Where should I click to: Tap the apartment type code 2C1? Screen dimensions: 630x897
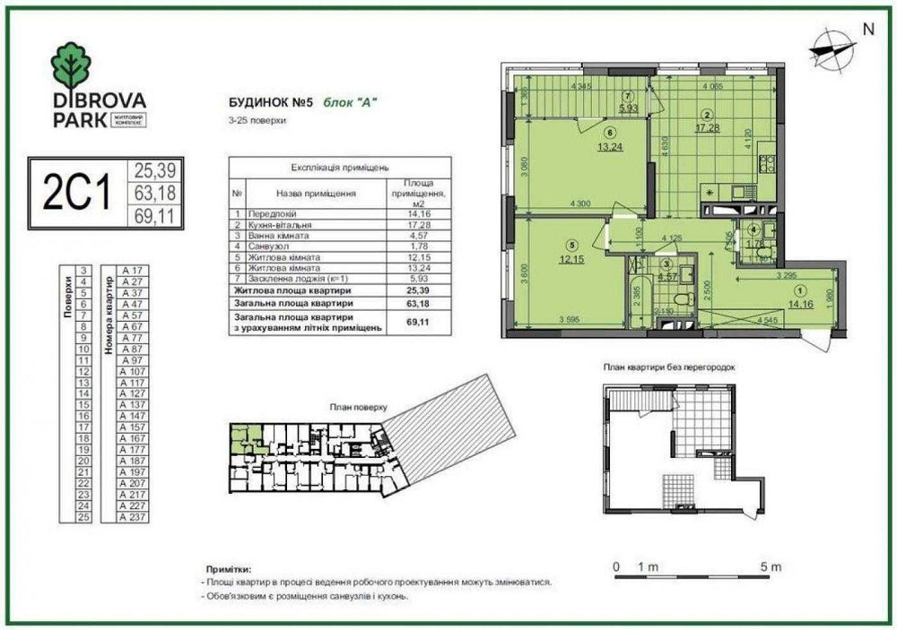[77, 194]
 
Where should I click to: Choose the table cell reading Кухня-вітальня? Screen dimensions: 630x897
[280, 224]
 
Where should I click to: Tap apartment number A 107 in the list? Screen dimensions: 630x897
[131, 370]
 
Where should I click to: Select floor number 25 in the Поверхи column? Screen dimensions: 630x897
[83, 517]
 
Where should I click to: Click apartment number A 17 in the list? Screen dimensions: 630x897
[131, 269]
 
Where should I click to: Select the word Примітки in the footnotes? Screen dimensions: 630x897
[227, 568]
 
